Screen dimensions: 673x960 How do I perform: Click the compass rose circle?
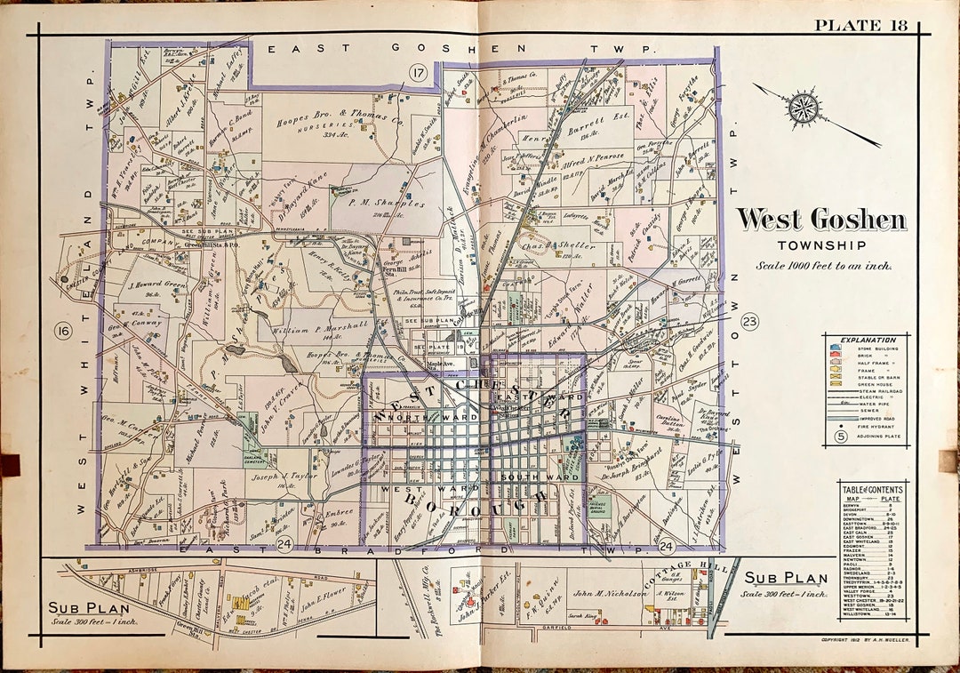coord(804,107)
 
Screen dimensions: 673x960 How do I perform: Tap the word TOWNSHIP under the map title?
coord(820,246)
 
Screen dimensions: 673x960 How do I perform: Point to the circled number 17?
coord(417,72)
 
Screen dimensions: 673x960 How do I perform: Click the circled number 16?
coord(62,332)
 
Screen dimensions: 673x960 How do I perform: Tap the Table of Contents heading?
coord(872,489)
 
